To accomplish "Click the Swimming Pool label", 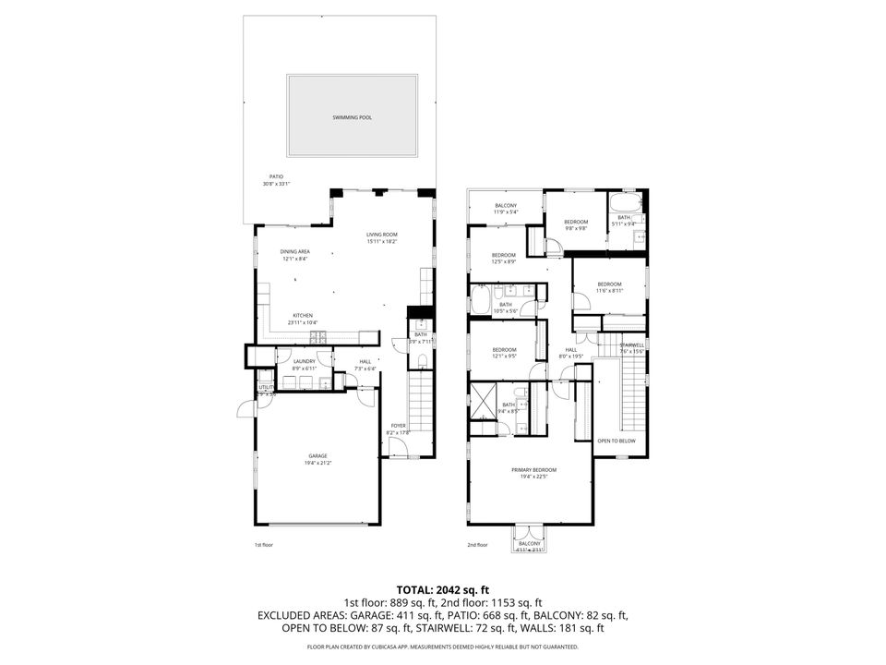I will pyautogui.click(x=359, y=118).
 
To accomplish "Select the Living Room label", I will pyautogui.click(x=381, y=236).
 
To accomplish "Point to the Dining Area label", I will pyautogui.click(x=295, y=251).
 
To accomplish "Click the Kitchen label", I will pyautogui.click(x=305, y=314).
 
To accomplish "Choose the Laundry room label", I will pyautogui.click(x=305, y=361).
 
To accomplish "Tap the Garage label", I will pyautogui.click(x=317, y=455).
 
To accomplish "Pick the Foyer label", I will pyautogui.click(x=399, y=426).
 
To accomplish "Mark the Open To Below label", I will pyautogui.click(x=617, y=441).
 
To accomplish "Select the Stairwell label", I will pyautogui.click(x=630, y=345).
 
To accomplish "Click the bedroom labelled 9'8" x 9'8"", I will pyautogui.click(x=576, y=222).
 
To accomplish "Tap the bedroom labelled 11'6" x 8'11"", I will pyautogui.click(x=609, y=284).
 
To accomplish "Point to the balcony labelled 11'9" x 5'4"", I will pyautogui.click(x=506, y=205).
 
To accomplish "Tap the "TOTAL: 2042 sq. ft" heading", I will pyautogui.click(x=443, y=588).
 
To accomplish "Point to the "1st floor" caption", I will pyautogui.click(x=264, y=545).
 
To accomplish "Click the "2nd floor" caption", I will pyautogui.click(x=477, y=545).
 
